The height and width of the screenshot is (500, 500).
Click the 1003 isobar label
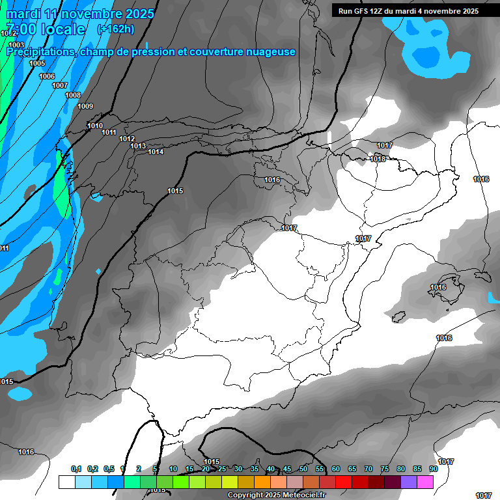coord(16,45)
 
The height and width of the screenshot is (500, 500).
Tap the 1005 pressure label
coord(37,63)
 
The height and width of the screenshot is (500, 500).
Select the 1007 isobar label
coord(60,85)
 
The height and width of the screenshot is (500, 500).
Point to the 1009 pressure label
coord(85,106)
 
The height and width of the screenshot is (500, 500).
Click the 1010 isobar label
coord(95,126)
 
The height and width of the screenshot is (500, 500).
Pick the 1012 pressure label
coord(127,139)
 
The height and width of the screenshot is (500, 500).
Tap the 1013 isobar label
coord(138,146)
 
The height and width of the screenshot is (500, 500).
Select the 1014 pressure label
coord(156,152)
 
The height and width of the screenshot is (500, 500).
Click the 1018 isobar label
coord(378,159)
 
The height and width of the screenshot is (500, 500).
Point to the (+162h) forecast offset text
coord(115,29)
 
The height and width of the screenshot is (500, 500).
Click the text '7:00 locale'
coord(46,29)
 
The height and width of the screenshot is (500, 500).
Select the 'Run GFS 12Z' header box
coord(408,11)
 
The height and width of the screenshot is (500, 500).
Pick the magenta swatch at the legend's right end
coord(425,482)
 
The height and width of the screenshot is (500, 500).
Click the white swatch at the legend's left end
coord(66,482)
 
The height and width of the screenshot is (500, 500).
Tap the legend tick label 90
coord(433,469)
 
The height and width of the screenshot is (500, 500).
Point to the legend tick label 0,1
coord(76,469)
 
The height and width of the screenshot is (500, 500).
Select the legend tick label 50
coord(303,469)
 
